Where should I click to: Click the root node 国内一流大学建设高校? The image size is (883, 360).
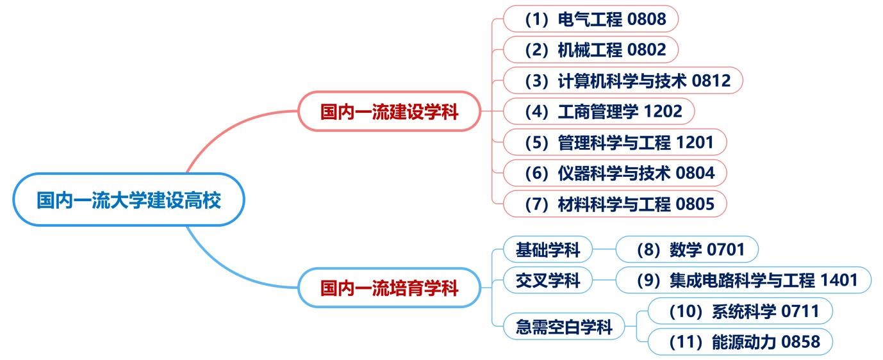click(128, 200)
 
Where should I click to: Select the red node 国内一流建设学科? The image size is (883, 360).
click(389, 111)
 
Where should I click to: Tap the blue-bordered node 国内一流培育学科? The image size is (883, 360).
click(389, 288)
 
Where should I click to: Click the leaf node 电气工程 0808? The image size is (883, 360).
click(591, 19)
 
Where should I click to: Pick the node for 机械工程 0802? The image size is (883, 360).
click(591, 49)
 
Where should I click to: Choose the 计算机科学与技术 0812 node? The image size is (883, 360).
click(623, 81)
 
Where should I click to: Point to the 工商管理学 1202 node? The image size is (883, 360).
click(598, 111)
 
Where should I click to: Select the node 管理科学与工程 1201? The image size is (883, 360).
click(615, 142)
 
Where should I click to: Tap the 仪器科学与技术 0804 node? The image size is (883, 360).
click(615, 172)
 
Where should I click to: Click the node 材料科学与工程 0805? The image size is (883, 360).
click(615, 204)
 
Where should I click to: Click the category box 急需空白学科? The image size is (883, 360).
click(564, 327)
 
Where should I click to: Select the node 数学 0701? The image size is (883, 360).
click(687, 249)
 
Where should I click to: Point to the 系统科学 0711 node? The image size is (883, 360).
click(741, 311)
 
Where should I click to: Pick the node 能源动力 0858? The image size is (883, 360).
click(741, 342)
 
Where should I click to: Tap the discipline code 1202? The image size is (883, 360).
click(663, 111)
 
